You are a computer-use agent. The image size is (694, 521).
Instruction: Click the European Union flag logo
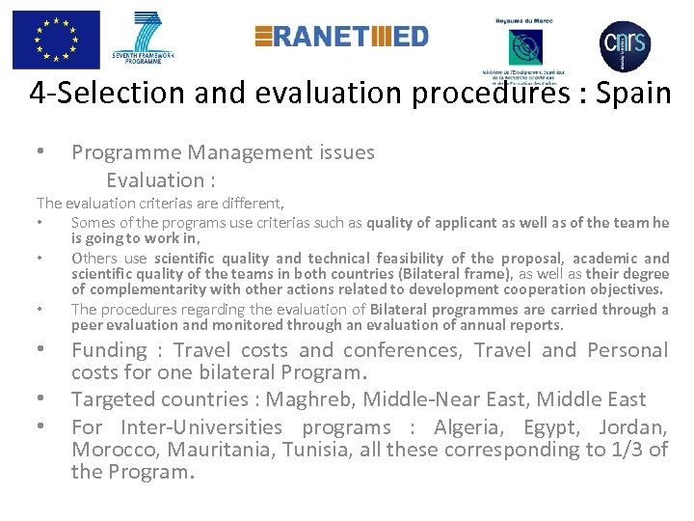[x=56, y=40]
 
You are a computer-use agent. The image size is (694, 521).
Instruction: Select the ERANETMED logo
[x=341, y=37]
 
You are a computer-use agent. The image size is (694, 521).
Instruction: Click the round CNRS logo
[x=625, y=44]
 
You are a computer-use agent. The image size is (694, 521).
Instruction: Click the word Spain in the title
[x=632, y=94]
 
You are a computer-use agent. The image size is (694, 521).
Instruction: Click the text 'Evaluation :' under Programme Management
[x=160, y=179]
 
